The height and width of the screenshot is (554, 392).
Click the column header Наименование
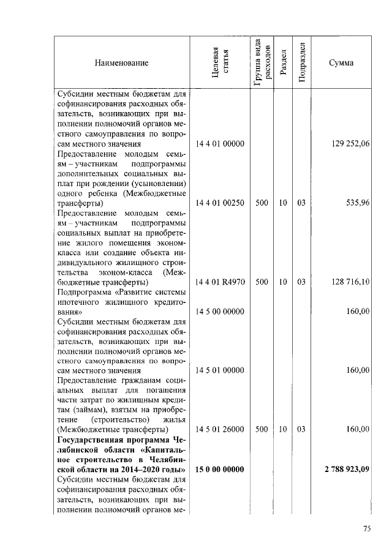point(121,62)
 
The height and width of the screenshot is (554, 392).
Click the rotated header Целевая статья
point(220,62)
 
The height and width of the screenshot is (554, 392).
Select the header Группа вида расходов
point(262,62)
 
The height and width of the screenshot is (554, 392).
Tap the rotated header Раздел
point(282,62)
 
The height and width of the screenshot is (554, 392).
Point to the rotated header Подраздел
point(301,62)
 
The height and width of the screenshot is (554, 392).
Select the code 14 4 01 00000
point(220,144)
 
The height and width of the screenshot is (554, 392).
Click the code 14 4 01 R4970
point(220,282)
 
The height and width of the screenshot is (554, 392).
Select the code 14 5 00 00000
point(220,312)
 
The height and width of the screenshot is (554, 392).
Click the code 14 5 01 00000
point(220,370)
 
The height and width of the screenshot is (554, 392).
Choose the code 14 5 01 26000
point(220,430)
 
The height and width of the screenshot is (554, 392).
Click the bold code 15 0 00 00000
point(220,470)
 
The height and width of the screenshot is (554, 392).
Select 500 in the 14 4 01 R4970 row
point(262,282)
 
